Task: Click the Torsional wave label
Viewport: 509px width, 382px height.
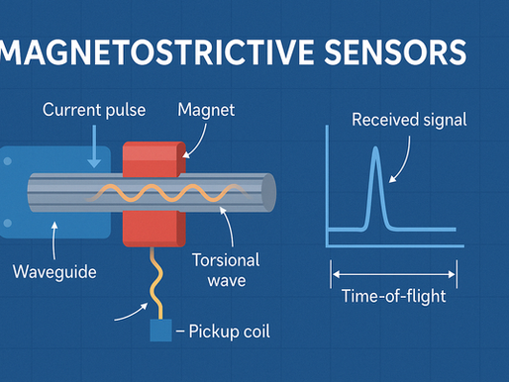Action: pos(227,270)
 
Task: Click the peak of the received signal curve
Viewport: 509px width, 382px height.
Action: pos(375,151)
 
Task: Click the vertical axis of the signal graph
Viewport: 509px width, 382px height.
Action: pos(329,188)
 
